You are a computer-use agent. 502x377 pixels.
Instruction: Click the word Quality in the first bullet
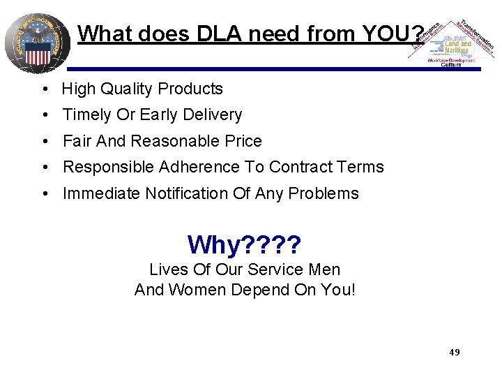(x=127, y=89)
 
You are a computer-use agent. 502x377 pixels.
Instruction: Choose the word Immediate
(x=101, y=194)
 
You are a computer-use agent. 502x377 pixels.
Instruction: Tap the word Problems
(x=324, y=194)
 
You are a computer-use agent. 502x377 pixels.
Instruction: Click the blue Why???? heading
(x=244, y=244)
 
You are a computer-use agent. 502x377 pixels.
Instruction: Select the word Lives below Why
(x=165, y=269)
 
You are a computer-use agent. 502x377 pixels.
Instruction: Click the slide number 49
(x=454, y=353)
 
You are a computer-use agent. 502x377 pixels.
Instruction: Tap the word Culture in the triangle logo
(x=451, y=65)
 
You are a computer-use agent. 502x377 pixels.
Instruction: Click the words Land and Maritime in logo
(x=457, y=45)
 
